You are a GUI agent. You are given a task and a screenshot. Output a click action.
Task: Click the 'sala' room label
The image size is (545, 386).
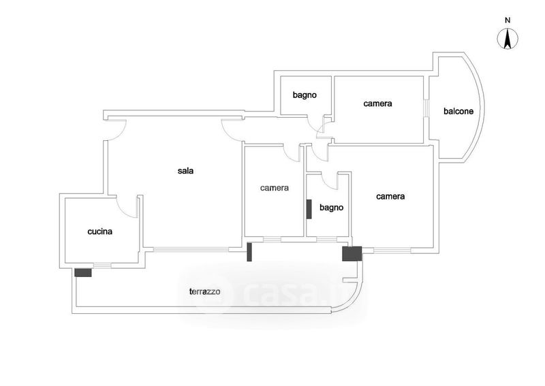[185, 172]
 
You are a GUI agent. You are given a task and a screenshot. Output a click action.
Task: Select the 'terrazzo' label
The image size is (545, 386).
[204, 291]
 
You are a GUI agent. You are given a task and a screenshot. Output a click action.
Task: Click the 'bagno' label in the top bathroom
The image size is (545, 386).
[304, 95]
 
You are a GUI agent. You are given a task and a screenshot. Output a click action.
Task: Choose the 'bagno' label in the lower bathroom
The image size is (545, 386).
[331, 208]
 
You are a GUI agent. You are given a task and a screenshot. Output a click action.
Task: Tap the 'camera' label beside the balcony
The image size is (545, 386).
[377, 104]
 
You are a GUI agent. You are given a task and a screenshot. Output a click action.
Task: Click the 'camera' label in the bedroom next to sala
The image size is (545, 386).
[275, 187]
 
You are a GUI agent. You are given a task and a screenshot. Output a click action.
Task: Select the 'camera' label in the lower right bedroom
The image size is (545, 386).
[390, 196]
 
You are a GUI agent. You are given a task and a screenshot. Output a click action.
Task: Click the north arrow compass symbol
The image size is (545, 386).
[508, 39]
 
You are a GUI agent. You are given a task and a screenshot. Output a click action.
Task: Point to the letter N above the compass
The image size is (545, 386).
[508, 20]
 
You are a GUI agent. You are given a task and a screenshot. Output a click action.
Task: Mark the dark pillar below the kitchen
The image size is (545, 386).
[82, 272]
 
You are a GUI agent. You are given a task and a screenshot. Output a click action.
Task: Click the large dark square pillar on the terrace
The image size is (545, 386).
[352, 254]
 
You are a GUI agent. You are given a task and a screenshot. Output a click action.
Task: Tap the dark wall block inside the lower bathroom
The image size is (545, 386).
[309, 209]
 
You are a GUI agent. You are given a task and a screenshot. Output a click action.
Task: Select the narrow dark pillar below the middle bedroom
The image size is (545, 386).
[250, 252]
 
